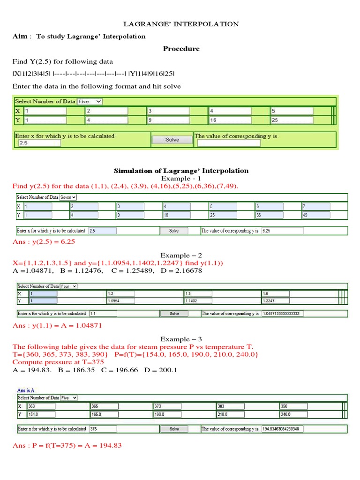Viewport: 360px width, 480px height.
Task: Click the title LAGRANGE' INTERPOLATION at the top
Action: click(x=181, y=24)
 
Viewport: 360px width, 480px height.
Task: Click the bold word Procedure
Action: click(x=181, y=49)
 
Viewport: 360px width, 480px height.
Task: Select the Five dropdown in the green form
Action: click(x=90, y=101)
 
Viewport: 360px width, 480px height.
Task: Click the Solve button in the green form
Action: click(x=172, y=140)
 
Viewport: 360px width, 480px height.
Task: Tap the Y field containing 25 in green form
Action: click(x=291, y=120)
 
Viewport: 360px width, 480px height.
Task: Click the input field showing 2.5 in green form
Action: click(x=39, y=143)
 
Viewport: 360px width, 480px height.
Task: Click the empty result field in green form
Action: click(x=228, y=143)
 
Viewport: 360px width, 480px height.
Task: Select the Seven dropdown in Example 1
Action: click(x=68, y=197)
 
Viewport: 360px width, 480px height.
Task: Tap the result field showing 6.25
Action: click(x=282, y=231)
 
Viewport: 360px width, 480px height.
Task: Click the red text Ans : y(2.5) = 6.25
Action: click(x=44, y=242)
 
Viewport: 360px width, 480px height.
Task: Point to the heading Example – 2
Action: click(x=181, y=255)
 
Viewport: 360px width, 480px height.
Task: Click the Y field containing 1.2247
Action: click(x=276, y=301)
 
